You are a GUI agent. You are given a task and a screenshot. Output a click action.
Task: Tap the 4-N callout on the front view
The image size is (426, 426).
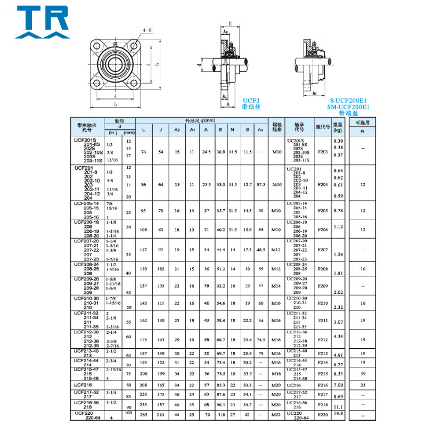pos(146,32)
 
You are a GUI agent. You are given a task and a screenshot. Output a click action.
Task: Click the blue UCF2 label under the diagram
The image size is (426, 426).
pos(251,100)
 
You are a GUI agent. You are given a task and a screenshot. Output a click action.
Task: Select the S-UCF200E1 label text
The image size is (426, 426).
pos(349,100)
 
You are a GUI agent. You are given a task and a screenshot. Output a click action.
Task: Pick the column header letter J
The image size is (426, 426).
pos(161,129)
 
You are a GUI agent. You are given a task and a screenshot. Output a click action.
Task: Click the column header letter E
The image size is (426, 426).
pos(220,129)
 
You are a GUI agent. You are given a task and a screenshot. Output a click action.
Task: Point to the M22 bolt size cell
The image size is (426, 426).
pos(276,414)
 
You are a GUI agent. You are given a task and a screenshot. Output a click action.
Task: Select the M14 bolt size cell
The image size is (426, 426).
pos(276,286)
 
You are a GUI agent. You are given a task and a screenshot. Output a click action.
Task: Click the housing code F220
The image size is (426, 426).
pos(323,414)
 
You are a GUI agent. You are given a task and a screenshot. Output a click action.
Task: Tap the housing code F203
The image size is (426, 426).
pos(323,151)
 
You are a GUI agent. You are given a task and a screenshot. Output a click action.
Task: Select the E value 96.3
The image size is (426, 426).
pos(220,404)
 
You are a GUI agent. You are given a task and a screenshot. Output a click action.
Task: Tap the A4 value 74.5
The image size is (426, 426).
pos(260,339)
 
